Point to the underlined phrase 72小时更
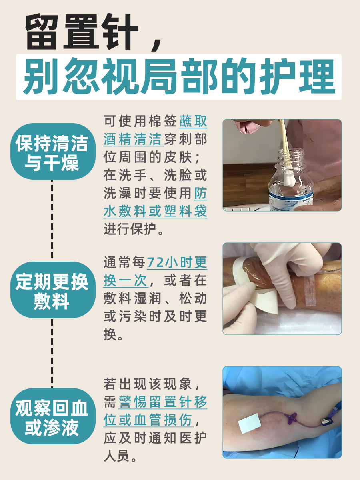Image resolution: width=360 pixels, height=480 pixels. click(x=177, y=263)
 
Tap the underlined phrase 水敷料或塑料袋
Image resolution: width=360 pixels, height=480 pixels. click(x=155, y=211)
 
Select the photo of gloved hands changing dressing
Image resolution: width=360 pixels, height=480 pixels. click(x=282, y=288)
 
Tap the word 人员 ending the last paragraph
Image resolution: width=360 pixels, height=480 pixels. click(x=116, y=456)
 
